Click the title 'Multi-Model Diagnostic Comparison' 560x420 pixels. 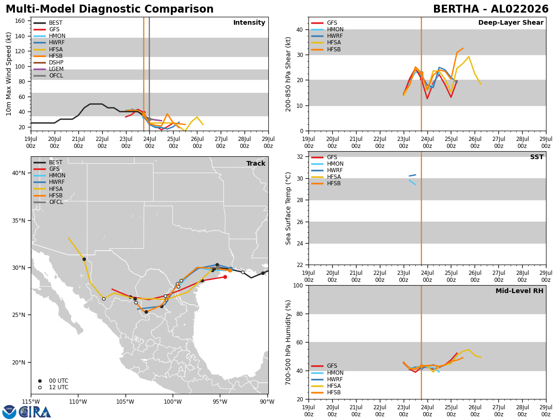(x=110, y=9)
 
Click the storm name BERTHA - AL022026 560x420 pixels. (x=490, y=9)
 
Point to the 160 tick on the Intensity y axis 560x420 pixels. (x=20, y=21)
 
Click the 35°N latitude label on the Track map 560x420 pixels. (x=19, y=221)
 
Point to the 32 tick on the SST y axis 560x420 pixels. (x=300, y=157)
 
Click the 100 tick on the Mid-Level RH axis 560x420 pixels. (x=298, y=285)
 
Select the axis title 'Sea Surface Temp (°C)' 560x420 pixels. (x=288, y=208)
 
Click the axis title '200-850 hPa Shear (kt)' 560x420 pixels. (x=288, y=74)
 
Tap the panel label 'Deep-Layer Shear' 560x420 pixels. (x=511, y=22)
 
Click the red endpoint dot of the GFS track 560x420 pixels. (x=225, y=277)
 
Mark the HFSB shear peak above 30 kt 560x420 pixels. (x=463, y=48)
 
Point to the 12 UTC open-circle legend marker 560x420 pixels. (x=40, y=388)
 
